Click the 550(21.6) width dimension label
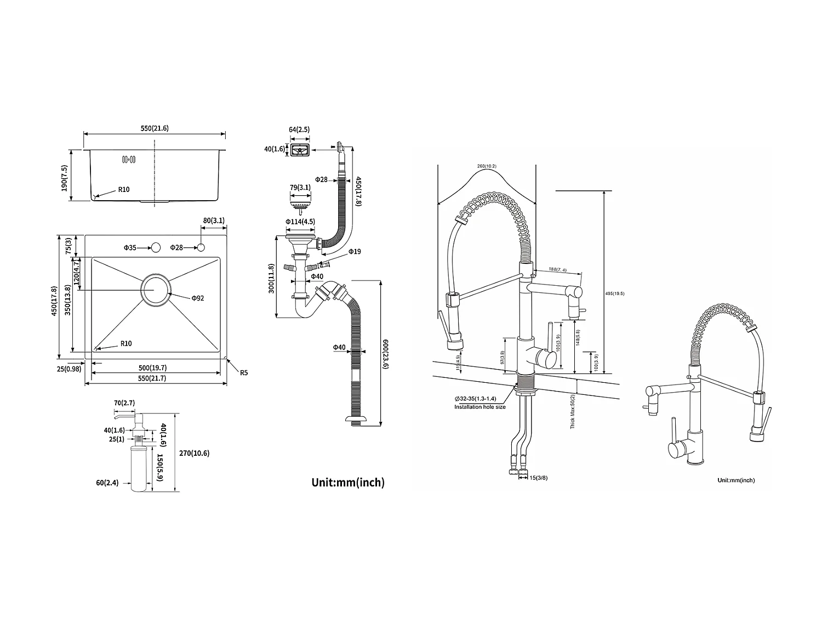pos(154,128)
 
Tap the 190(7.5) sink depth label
pos(64,178)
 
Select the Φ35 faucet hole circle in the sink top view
pos(155,248)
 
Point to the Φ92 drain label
pos(198,298)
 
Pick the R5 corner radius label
pos(243,372)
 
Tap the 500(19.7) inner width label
pos(153,368)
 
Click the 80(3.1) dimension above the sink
pos(214,220)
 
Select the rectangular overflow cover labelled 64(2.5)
pos(299,150)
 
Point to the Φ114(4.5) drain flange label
pos(300,222)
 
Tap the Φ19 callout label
pos(355,251)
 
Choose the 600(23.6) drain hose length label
pos(385,354)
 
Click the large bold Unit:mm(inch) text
pos(348,483)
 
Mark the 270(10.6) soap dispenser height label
pos(194,453)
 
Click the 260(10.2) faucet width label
pos(487,166)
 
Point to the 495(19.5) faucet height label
pos(615,293)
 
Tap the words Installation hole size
pos(480,407)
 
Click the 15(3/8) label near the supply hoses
pos(538,478)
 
